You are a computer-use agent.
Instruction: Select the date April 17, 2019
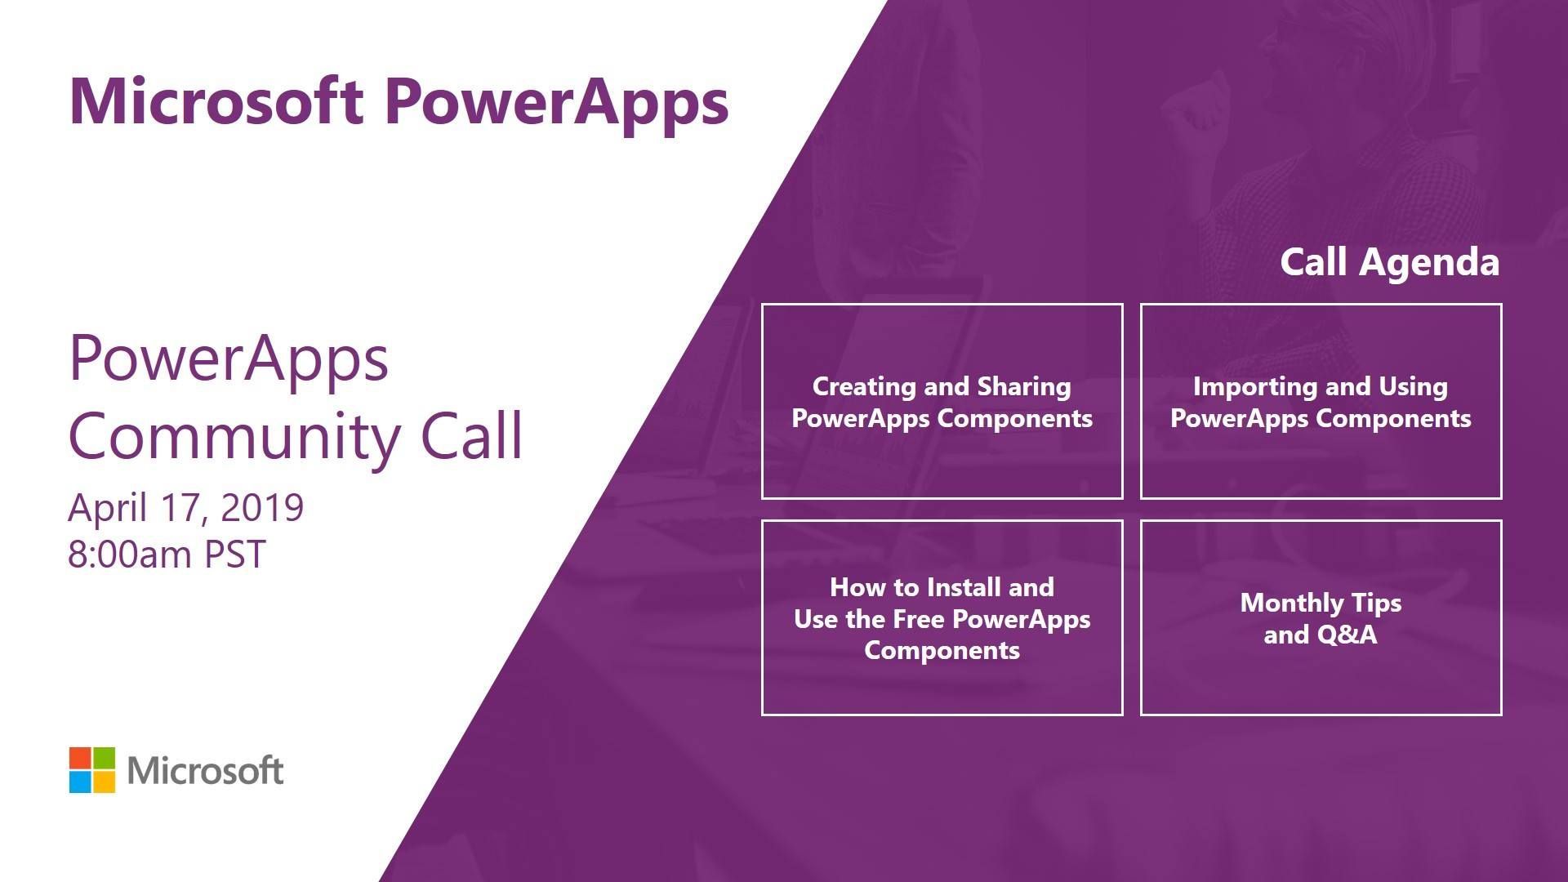tap(185, 508)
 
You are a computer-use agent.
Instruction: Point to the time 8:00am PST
tap(167, 555)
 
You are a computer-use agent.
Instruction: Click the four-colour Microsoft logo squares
tap(92, 770)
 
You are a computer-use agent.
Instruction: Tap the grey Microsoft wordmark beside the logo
tap(206, 771)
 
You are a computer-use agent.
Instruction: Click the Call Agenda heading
tap(1389, 263)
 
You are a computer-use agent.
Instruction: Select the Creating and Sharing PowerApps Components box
tap(942, 305)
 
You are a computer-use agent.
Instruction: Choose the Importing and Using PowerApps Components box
tap(1321, 305)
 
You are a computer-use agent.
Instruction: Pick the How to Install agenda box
tap(942, 522)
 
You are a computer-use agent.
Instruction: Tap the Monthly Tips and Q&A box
tap(1321, 522)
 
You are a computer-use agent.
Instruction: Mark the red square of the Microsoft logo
tap(80, 758)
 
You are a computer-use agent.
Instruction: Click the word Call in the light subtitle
tap(471, 435)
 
